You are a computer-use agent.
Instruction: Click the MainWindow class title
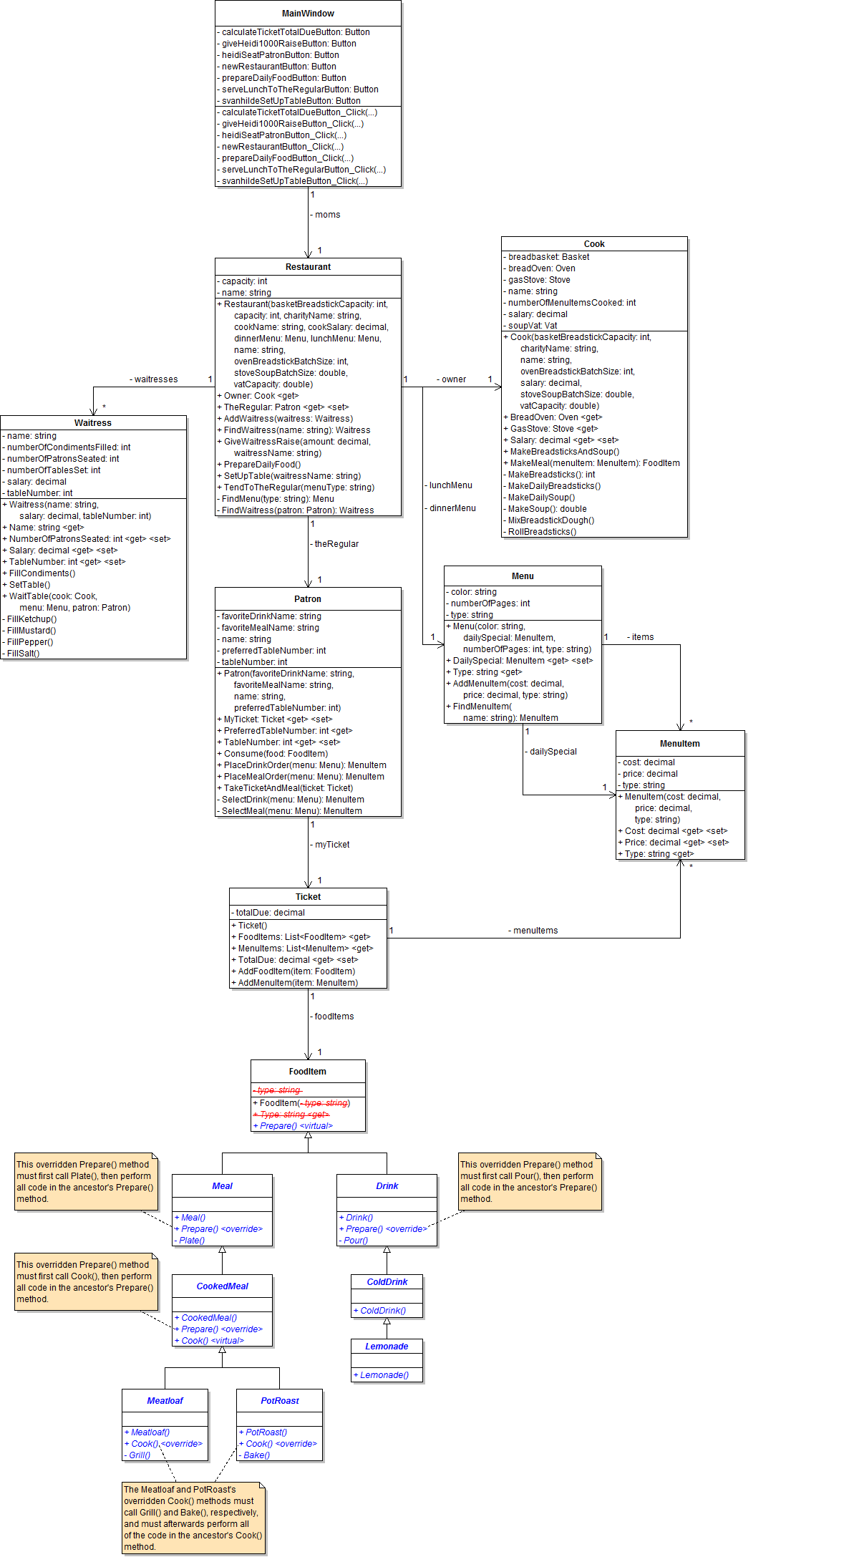[308, 14]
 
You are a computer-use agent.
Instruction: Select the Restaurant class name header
[308, 267]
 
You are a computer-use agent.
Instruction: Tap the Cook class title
[594, 244]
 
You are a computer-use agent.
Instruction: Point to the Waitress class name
[93, 423]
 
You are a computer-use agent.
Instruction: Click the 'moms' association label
[327, 215]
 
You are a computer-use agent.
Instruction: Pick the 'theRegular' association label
[336, 544]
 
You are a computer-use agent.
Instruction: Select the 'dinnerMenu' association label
[452, 508]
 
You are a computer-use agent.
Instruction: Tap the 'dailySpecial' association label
[552, 752]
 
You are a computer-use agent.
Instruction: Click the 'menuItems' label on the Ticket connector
[535, 931]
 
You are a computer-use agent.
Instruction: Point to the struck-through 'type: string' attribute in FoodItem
[278, 1090]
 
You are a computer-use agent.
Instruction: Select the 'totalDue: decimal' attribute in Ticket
[270, 913]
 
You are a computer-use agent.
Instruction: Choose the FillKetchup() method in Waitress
[31, 619]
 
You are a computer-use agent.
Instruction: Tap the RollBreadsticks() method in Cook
[541, 532]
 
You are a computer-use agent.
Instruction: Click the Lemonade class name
[387, 1347]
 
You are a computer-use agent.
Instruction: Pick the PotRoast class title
[280, 1401]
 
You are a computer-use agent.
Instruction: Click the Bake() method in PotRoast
[256, 1455]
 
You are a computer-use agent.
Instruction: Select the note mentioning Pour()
[530, 1182]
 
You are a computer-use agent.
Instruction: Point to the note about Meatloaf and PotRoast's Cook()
[193, 1518]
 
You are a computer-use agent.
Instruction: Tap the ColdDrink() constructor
[382, 1311]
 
